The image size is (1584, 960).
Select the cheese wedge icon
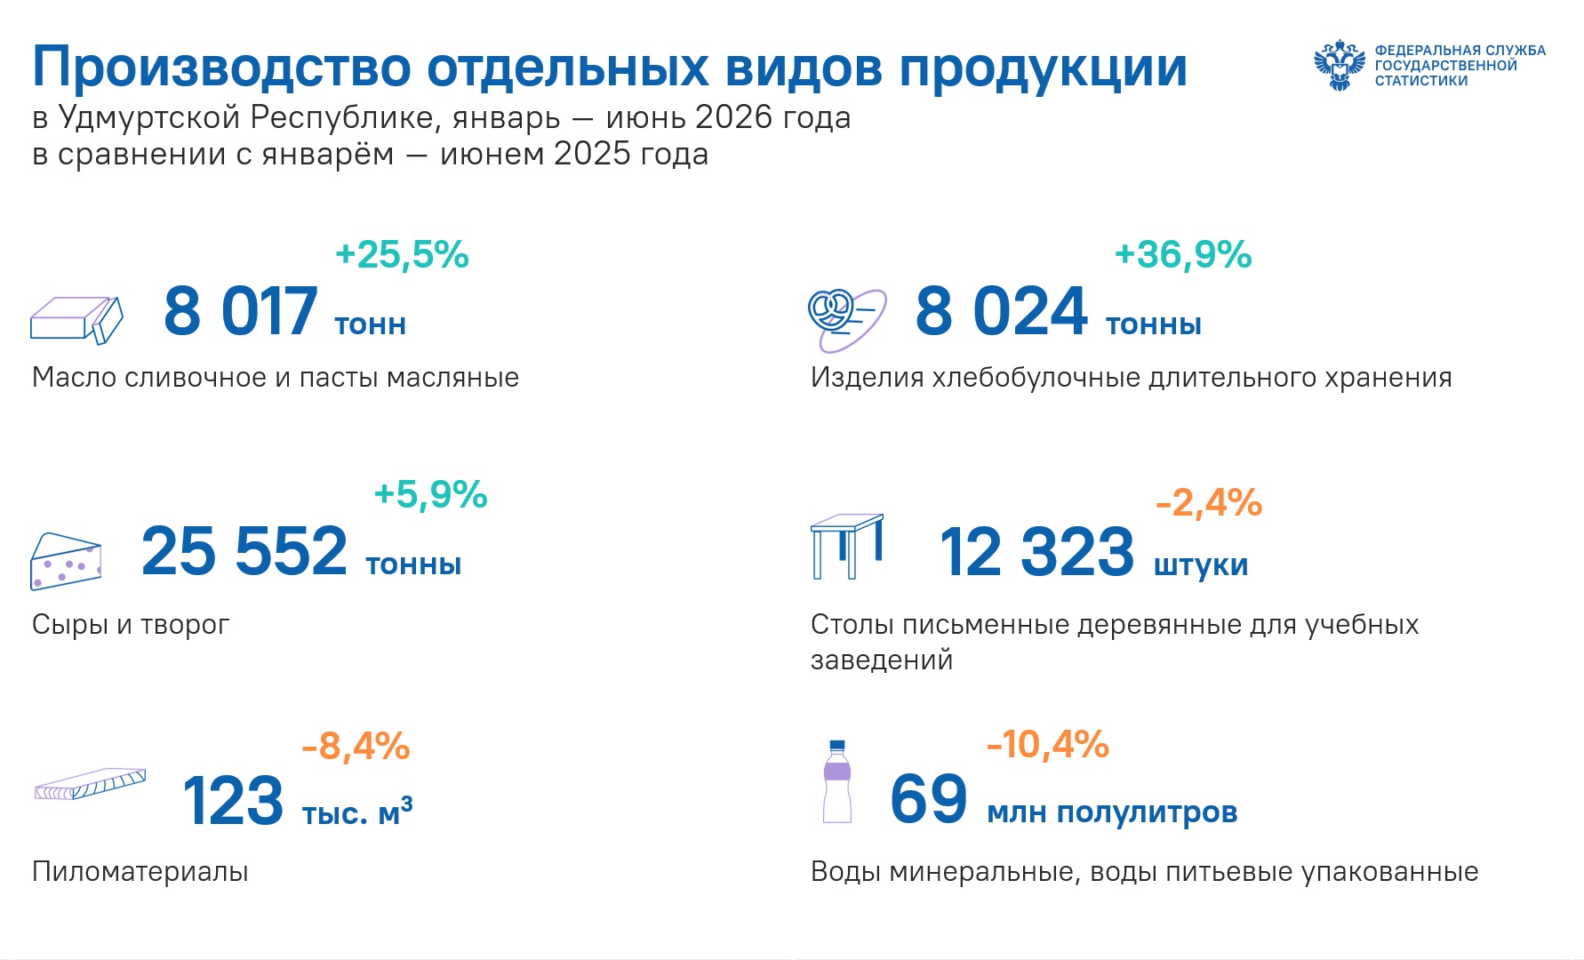[66, 562]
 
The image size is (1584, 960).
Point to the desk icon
[847, 546]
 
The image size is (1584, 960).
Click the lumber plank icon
[90, 783]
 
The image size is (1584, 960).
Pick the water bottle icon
[836, 781]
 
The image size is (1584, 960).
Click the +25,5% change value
[402, 255]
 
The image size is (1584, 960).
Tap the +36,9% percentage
[1183, 255]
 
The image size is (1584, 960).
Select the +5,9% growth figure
[431, 495]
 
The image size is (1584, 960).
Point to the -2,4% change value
[1209, 503]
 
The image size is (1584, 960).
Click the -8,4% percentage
[356, 747]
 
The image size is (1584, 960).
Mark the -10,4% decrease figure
[1048, 745]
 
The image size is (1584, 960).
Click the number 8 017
[241, 311]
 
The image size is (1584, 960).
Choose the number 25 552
[244, 551]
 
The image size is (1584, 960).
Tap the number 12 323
[1036, 552]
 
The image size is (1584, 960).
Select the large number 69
[929, 799]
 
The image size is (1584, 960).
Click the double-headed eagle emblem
[1340, 65]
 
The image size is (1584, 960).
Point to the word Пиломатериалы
[140, 871]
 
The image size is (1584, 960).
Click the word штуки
[1201, 565]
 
